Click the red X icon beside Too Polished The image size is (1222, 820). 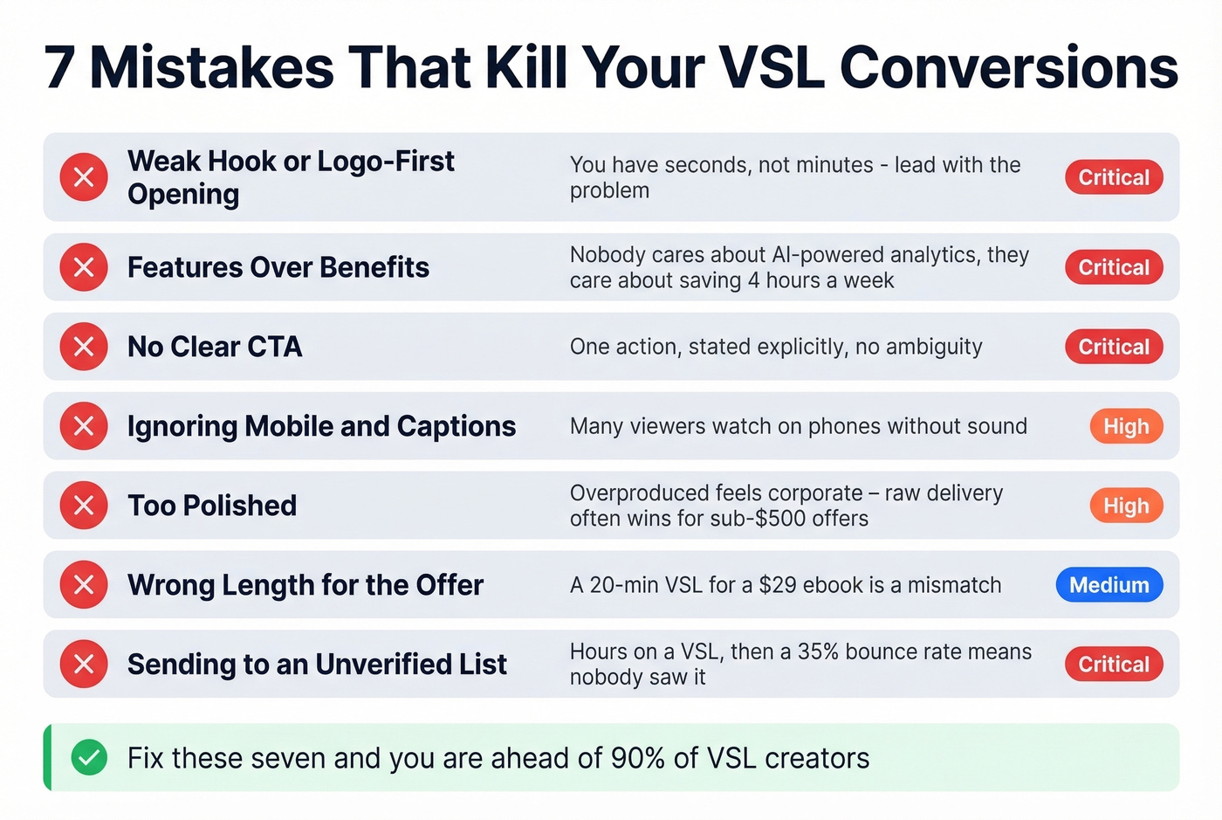pyautogui.click(x=84, y=506)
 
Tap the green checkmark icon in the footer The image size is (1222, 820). pyautogui.click(x=88, y=757)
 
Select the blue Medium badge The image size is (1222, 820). pyautogui.click(x=1109, y=585)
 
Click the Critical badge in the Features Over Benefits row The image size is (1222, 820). pyautogui.click(x=1114, y=267)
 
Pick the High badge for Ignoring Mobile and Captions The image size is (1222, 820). pyautogui.click(x=1126, y=426)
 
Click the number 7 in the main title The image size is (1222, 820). pyautogui.click(x=59, y=67)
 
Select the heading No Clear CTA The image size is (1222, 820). pyautogui.click(x=215, y=347)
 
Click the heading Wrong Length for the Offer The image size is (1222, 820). pyautogui.click(x=305, y=585)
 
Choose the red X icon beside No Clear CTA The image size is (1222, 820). pyautogui.click(x=84, y=347)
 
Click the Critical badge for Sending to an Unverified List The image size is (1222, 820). pyautogui.click(x=1114, y=665)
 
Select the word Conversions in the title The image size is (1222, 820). pyautogui.click(x=1008, y=67)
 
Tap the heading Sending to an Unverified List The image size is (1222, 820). pyautogui.click(x=317, y=665)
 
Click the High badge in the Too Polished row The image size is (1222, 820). pyautogui.click(x=1126, y=506)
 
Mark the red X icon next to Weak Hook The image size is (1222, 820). pyautogui.click(x=84, y=177)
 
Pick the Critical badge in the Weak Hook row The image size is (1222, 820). pyautogui.click(x=1114, y=177)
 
